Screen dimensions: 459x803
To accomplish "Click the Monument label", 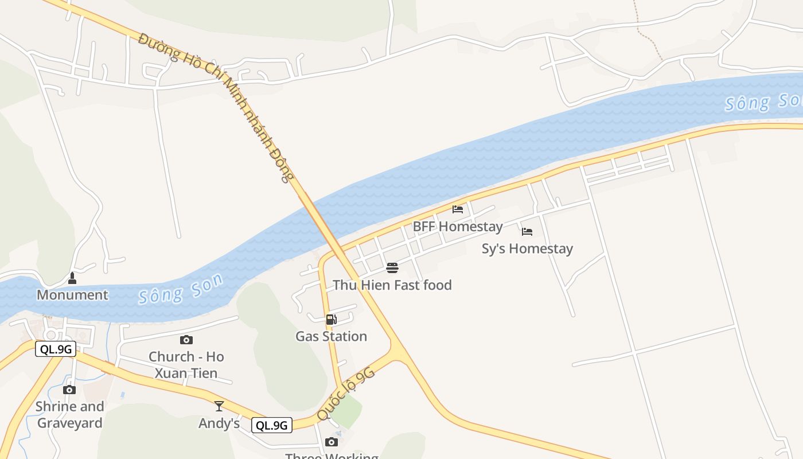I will coord(72,295).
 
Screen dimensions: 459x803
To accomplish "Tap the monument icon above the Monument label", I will coord(72,278).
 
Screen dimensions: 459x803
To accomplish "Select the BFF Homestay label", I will coord(458,227).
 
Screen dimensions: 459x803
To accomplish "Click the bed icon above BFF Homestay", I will coord(458,209).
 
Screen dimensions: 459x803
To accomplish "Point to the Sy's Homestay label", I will coord(527,249).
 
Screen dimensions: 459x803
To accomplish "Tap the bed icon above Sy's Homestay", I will coord(527,232).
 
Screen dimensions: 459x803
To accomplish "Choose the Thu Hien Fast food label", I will coord(392,285).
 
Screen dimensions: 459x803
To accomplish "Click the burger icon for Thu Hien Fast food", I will coord(392,268).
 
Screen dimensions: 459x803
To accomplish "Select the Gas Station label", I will coord(331,336).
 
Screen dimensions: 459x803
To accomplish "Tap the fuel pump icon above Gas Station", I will coord(331,320).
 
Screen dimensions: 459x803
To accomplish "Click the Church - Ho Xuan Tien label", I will coord(186,365).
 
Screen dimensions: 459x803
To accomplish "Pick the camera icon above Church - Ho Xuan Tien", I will coord(186,340).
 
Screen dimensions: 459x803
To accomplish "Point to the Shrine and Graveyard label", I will coord(70,415).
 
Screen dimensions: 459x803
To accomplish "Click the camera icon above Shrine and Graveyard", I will coord(69,390).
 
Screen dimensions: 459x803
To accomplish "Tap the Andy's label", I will coord(219,423).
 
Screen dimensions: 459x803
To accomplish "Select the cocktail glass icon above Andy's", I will coord(219,406).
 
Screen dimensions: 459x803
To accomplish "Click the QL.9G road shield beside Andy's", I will coord(272,425).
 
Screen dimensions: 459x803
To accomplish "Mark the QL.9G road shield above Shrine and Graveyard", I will coord(56,349).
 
